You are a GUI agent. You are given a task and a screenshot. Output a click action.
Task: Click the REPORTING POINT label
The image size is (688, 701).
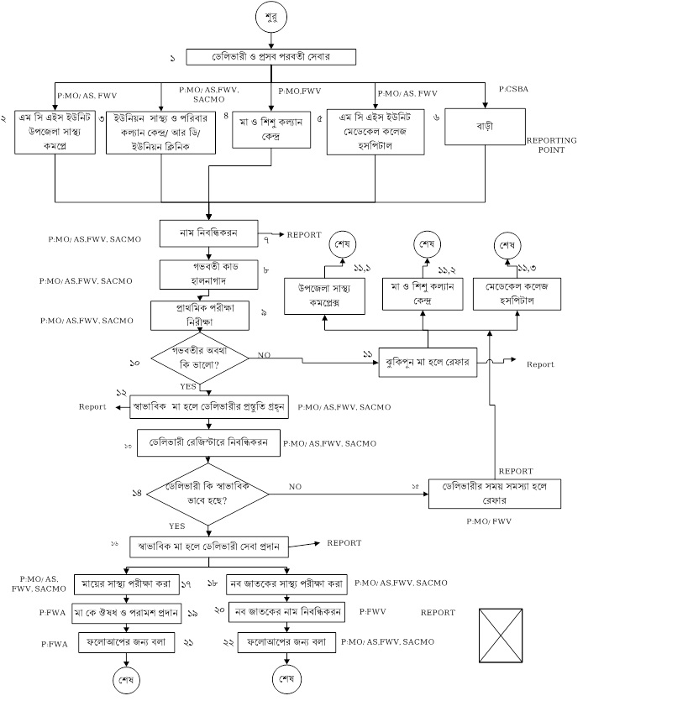tap(551, 145)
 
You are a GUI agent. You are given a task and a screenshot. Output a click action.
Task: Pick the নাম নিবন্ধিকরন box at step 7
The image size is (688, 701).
tap(207, 233)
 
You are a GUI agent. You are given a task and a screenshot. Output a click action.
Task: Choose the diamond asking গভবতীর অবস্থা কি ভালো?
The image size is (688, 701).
tap(200, 358)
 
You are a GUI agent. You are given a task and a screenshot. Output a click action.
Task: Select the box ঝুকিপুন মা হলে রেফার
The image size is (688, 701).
tap(428, 363)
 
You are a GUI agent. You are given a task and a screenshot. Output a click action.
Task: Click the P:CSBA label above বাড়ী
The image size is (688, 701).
tap(512, 88)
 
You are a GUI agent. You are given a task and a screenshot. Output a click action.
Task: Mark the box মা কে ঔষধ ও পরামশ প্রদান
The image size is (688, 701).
tap(127, 613)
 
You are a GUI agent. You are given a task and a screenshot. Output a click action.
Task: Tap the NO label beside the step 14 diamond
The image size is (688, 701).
tap(296, 486)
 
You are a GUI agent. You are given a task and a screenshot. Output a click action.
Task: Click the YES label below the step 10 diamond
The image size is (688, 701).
tap(187, 387)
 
